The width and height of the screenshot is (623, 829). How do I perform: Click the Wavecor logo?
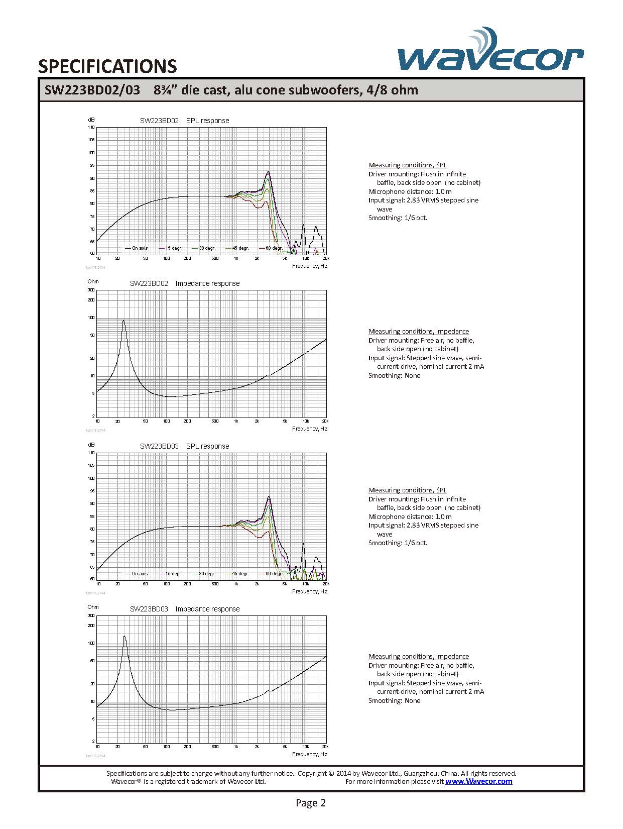click(x=490, y=52)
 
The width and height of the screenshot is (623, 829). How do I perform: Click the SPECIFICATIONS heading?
click(x=107, y=66)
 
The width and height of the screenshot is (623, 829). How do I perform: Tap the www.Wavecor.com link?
click(x=478, y=781)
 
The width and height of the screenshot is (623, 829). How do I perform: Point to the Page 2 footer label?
click(x=311, y=803)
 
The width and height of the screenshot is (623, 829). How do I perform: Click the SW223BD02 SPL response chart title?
click(x=184, y=121)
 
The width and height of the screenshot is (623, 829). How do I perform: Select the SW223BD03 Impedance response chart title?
click(x=184, y=609)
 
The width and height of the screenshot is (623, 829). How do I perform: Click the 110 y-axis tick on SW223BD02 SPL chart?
click(x=91, y=128)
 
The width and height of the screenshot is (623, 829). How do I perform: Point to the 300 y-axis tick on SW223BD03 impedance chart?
click(x=91, y=615)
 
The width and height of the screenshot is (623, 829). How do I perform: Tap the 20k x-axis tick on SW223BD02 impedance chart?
click(x=325, y=421)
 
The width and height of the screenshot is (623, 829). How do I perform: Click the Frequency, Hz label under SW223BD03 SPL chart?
click(x=309, y=591)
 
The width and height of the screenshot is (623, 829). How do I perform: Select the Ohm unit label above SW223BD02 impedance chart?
click(x=93, y=281)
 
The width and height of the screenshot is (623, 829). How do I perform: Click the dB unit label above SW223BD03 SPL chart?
click(x=91, y=445)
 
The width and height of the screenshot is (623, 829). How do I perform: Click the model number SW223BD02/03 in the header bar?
click(x=92, y=90)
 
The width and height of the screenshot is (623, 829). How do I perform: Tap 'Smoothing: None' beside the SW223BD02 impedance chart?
click(x=394, y=376)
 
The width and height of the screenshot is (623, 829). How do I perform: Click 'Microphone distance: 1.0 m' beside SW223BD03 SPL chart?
click(x=410, y=516)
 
